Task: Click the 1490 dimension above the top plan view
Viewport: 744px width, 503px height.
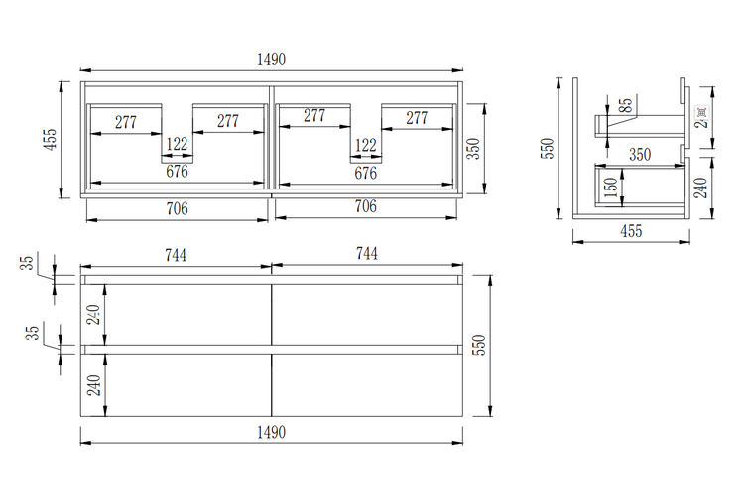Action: pos(271,60)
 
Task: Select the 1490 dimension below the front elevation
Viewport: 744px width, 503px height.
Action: pos(271,432)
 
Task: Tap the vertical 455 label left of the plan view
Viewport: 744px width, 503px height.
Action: pos(50,139)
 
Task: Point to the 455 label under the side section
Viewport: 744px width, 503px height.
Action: pos(631,232)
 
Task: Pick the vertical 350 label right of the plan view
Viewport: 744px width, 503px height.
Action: pos(474,148)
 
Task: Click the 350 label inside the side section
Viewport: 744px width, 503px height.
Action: pos(640,154)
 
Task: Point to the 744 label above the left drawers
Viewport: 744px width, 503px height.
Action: pos(176,255)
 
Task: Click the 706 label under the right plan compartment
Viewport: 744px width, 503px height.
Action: pos(365,207)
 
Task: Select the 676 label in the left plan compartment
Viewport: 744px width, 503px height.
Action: pos(178,172)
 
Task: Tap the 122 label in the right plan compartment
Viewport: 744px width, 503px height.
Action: pos(365,145)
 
